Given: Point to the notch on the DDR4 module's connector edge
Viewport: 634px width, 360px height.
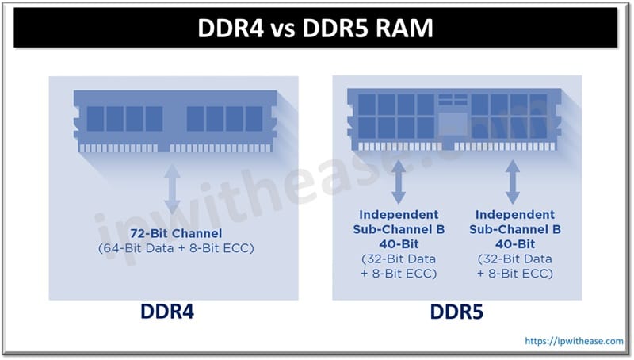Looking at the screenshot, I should click(164, 147).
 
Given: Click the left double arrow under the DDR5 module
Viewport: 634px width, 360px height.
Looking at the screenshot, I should click(399, 183).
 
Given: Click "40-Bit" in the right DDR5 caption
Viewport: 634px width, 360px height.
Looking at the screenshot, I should click(515, 243).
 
